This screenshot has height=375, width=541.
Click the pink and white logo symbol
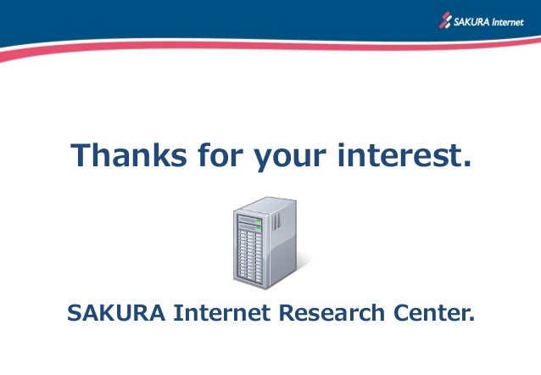coord(446,20)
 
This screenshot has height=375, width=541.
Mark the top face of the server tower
coord(266,204)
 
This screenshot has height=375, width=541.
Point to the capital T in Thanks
coord(80,155)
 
